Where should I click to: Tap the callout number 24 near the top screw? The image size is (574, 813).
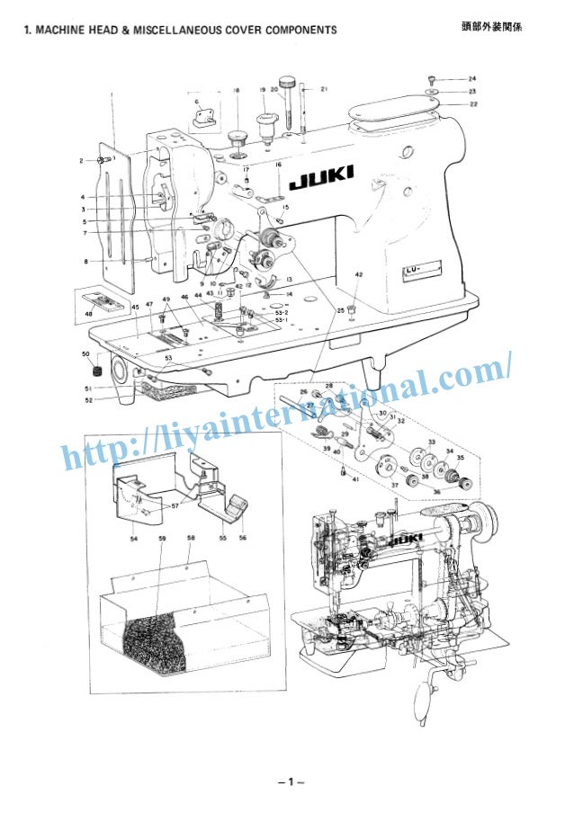click(x=472, y=79)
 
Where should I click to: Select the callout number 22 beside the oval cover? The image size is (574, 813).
click(x=472, y=104)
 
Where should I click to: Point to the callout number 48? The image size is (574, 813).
click(x=88, y=314)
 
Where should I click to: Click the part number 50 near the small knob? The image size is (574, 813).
click(x=86, y=354)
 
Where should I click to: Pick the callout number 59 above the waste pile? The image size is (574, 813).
click(x=162, y=539)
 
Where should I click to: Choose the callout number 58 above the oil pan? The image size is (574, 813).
click(x=191, y=539)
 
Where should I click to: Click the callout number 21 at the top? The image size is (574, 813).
click(x=324, y=89)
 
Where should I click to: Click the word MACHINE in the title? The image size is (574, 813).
click(x=63, y=31)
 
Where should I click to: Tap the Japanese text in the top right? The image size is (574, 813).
click(x=490, y=28)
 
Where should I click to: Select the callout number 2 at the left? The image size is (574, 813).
click(x=80, y=160)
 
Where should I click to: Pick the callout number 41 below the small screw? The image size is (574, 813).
click(x=355, y=479)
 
